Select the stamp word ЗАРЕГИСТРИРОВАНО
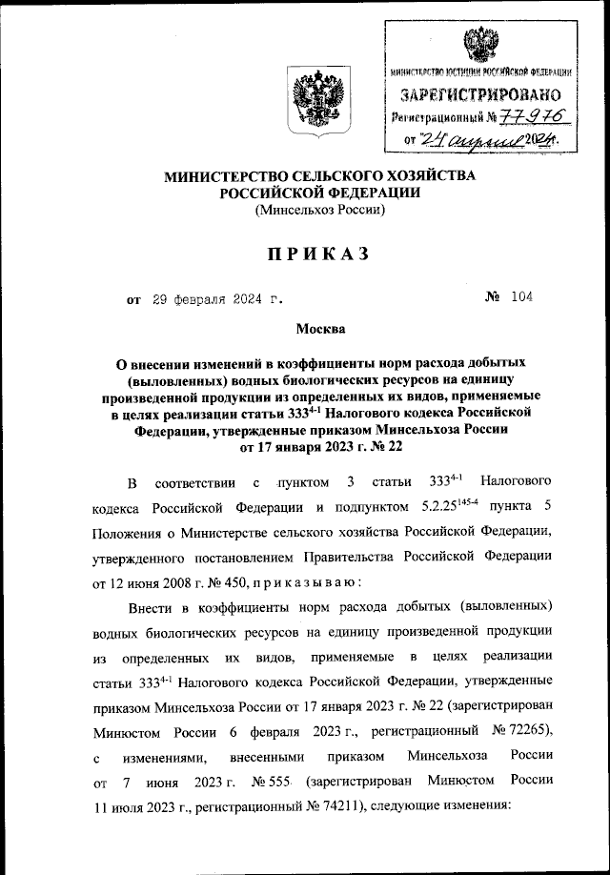[479, 95]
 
